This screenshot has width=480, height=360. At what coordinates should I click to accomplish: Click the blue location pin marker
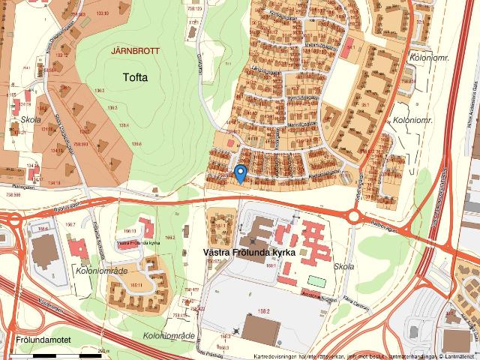(x=240, y=173)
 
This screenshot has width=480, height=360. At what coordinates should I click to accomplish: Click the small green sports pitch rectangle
(x=317, y=281)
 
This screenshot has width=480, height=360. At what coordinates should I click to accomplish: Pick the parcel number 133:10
(x=101, y=14)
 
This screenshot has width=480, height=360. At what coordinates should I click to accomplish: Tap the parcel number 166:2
(x=169, y=237)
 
